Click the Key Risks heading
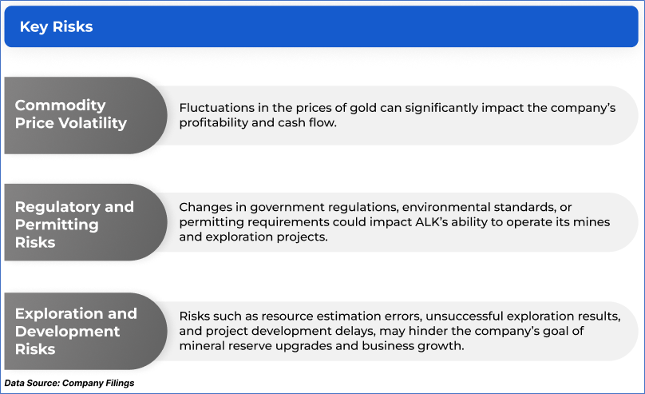[x=57, y=26]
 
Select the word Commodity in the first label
[x=61, y=105]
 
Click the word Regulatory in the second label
[x=58, y=207]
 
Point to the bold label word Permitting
[x=57, y=225]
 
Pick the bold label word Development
[x=68, y=332]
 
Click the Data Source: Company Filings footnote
[x=69, y=384]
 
